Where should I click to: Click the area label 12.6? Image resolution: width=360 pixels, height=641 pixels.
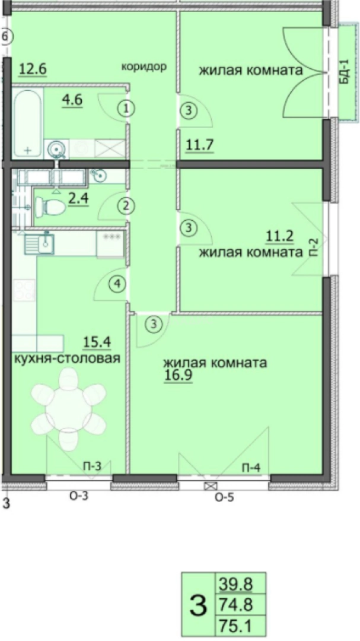(x=32, y=69)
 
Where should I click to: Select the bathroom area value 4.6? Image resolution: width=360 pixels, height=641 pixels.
(x=72, y=99)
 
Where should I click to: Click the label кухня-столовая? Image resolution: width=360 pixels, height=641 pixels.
(x=68, y=358)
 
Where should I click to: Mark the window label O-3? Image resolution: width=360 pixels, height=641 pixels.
(x=79, y=497)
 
